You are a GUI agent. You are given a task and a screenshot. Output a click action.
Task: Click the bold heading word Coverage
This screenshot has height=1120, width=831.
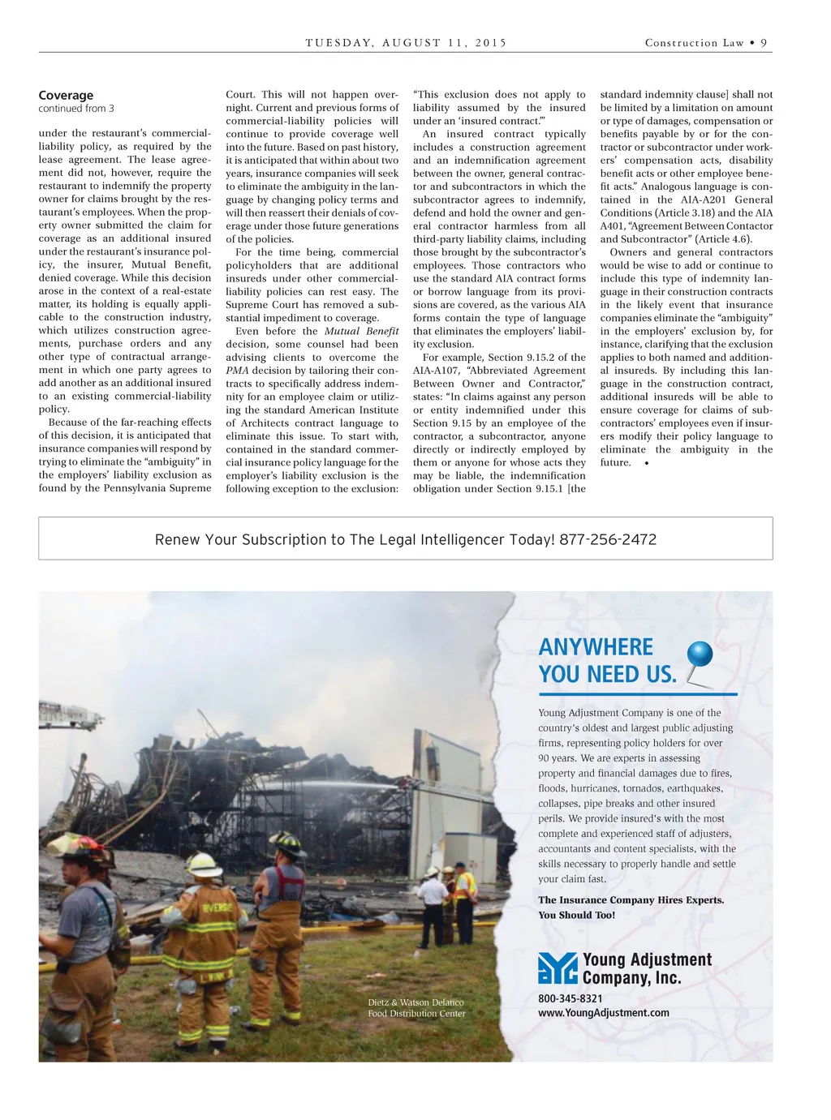pyautogui.click(x=66, y=95)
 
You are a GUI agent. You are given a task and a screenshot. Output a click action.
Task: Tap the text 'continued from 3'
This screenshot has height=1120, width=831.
pyautogui.click(x=76, y=109)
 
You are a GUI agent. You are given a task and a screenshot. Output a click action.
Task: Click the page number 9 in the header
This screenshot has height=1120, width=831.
pyautogui.click(x=764, y=43)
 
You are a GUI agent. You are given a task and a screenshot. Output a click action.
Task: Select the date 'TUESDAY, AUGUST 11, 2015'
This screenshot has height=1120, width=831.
pyautogui.click(x=406, y=43)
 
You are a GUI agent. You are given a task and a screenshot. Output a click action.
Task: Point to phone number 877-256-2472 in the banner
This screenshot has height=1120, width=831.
pyautogui.click(x=608, y=539)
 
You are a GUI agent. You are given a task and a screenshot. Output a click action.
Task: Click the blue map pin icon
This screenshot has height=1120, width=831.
pyautogui.click(x=699, y=655)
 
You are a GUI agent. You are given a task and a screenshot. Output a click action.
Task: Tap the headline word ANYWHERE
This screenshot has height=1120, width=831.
pyautogui.click(x=596, y=647)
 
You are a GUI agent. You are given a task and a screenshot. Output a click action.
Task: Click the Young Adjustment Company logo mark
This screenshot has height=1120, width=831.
pyautogui.click(x=558, y=968)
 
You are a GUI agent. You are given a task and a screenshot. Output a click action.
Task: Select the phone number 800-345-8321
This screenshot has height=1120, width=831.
pyautogui.click(x=571, y=998)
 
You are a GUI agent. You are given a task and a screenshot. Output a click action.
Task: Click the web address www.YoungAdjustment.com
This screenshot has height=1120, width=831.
pyautogui.click(x=604, y=1012)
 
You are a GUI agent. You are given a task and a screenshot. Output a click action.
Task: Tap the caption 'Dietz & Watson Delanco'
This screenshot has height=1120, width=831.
pyautogui.click(x=415, y=1002)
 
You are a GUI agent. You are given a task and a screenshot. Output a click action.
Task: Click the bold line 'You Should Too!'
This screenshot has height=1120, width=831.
pyautogui.click(x=576, y=915)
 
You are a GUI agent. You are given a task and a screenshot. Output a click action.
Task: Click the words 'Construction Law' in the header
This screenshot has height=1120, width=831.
pyautogui.click(x=694, y=43)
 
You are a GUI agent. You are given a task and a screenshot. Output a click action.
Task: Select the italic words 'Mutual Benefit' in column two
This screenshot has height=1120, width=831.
pyautogui.click(x=361, y=331)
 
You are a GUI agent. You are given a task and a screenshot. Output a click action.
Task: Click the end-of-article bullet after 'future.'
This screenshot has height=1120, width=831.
pyautogui.click(x=646, y=463)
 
